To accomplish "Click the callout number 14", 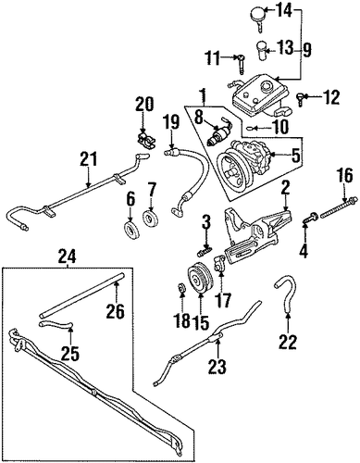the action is coord(282,12).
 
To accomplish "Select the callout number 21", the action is coord(88,159).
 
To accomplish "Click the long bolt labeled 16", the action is coord(339,207).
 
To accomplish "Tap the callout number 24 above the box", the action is coord(67,257).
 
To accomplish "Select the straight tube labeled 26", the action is coord(81,294).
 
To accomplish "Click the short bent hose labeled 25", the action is coord(56,323).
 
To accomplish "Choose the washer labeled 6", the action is coord(131,229).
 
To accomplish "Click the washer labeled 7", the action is coord(151,216).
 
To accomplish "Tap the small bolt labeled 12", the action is coord(301,99).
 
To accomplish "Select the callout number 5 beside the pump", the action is coord(295,156).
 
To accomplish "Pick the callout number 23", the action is coord(217,367).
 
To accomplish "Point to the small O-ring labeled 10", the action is coord(251,128).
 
